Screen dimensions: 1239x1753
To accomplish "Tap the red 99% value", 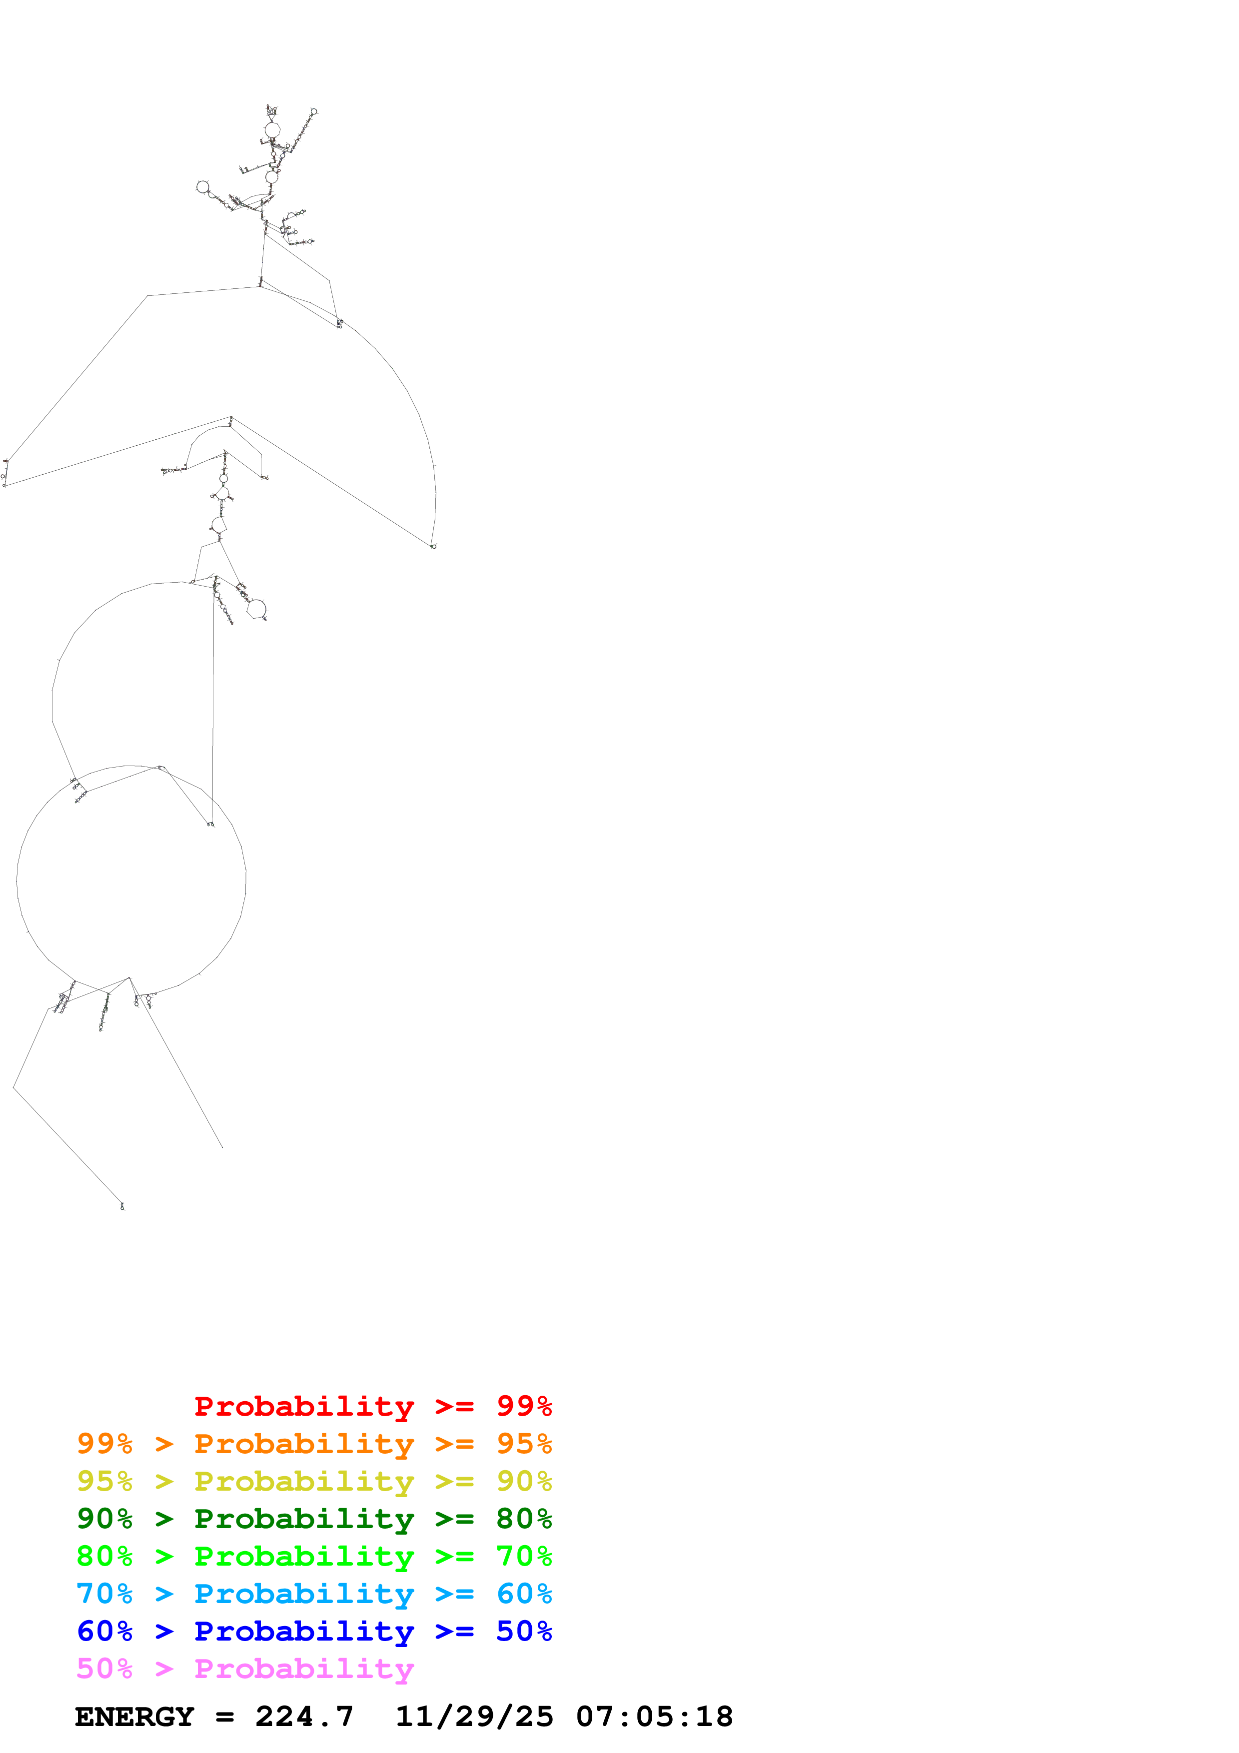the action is click(x=524, y=1406).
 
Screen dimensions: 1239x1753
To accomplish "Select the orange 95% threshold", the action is click(x=524, y=1444).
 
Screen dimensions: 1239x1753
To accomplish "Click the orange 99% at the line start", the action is click(x=104, y=1444).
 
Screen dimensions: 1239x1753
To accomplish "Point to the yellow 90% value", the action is click(x=524, y=1481).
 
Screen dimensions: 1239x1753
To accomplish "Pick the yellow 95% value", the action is click(x=104, y=1481).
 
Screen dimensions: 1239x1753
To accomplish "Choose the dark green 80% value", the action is click(x=524, y=1519).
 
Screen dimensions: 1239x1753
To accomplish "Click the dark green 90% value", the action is click(x=104, y=1519).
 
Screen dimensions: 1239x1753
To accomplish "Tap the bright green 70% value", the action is click(x=524, y=1556).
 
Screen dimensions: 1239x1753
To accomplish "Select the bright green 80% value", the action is click(x=104, y=1556).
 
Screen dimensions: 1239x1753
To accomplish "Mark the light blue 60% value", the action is click(x=524, y=1594).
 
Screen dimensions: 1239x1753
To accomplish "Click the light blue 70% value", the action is click(x=104, y=1594).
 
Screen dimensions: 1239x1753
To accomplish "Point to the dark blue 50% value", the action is click(x=524, y=1631).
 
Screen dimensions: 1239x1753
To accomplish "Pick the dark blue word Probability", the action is click(x=304, y=1632).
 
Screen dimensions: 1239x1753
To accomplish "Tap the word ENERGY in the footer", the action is click(x=134, y=1717).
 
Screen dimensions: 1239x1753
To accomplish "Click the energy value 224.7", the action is click(x=304, y=1717).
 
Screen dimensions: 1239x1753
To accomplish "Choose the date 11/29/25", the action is click(x=474, y=1717).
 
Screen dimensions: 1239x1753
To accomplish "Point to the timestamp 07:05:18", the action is click(x=654, y=1717).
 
